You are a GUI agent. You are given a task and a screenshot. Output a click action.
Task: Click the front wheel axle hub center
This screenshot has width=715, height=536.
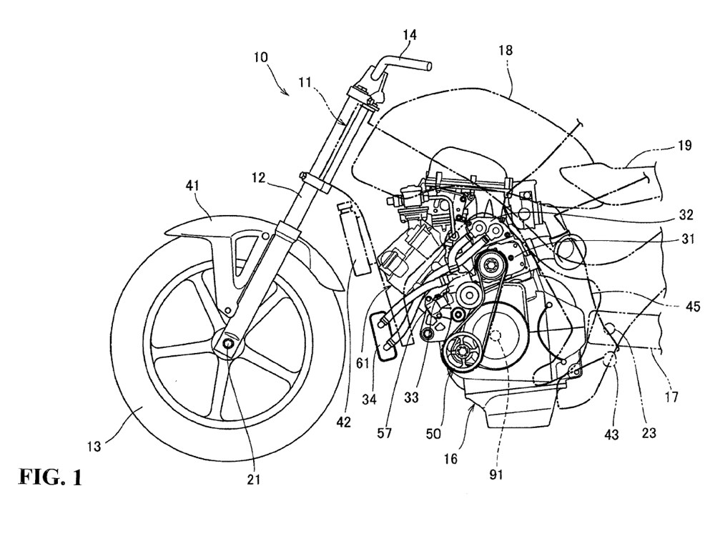[227, 346]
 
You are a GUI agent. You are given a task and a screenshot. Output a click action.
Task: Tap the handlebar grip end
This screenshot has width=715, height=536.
[430, 66]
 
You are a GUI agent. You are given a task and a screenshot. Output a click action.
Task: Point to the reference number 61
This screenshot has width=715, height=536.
[364, 364]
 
